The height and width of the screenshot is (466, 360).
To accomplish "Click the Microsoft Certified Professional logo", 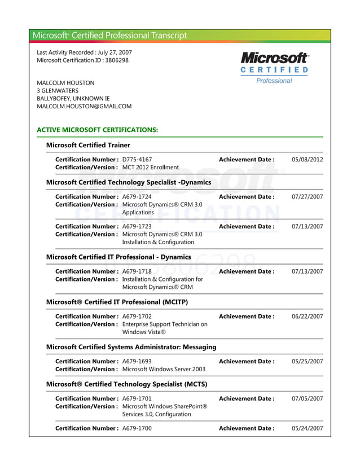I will pos(274,68).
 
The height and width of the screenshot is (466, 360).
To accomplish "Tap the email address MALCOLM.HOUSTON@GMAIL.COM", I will pos(84,106).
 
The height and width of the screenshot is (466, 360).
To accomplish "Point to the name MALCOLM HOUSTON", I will pos(65,83).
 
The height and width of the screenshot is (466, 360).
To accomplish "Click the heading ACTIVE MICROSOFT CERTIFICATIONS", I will pos(97,130).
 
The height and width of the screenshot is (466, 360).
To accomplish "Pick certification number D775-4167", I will pos(137,160).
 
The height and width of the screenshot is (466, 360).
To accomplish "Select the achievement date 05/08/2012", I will pos(307,160).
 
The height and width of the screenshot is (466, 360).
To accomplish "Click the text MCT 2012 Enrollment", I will pos(151,168).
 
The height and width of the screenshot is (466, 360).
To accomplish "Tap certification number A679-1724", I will pos(137,197).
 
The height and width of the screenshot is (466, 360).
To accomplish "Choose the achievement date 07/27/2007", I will pos(307,197).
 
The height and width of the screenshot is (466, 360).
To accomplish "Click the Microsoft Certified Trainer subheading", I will pos(88,145).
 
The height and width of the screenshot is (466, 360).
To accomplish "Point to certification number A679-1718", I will pos(137,271).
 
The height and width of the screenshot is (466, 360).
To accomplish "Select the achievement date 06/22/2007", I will pos(307,316).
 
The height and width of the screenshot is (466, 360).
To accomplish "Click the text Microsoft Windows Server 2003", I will pos(164,369).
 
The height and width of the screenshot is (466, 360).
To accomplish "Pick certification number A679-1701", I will pos(137,398).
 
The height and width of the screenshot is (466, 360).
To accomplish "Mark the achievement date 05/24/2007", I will pos(307,428).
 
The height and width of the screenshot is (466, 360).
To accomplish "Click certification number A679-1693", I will pos(137,361).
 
